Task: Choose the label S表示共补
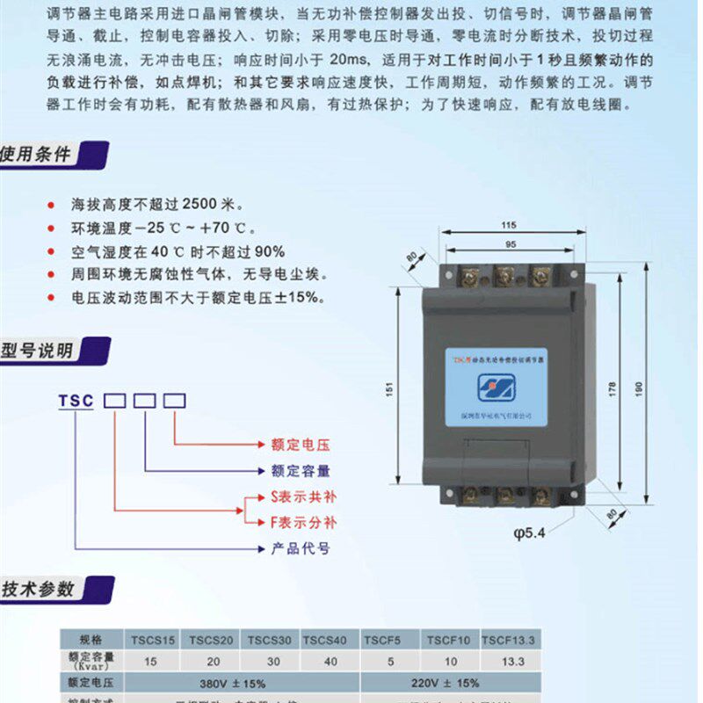click(302, 496)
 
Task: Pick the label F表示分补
click(302, 523)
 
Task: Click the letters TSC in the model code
click(76, 401)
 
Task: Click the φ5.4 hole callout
click(529, 533)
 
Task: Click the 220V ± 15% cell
click(448, 682)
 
